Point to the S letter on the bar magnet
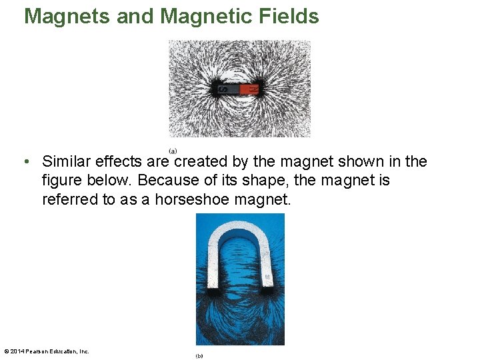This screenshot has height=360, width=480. (x=224, y=89)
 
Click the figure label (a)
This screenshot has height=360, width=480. (x=173, y=151)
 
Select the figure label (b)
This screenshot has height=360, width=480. (x=199, y=356)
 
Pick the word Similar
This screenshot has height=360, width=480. (x=67, y=162)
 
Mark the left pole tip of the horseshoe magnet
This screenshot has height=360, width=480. (x=214, y=288)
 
